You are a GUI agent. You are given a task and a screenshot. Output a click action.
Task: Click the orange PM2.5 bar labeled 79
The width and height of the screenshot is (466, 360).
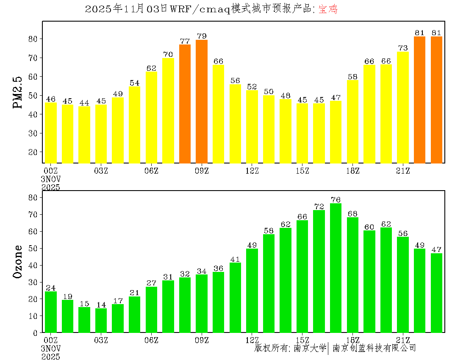(x=202, y=102)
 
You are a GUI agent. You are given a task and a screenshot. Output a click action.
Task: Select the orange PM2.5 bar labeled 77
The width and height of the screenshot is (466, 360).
(x=185, y=104)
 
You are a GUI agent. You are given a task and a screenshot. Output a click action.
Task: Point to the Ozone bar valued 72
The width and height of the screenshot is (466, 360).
(x=319, y=271)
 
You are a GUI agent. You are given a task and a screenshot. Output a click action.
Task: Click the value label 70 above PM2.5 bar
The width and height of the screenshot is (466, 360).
(x=168, y=54)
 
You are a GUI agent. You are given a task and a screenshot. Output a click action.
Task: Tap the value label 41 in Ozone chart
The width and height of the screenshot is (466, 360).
(x=235, y=259)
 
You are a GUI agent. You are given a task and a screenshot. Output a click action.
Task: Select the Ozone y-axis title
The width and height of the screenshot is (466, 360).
(x=18, y=261)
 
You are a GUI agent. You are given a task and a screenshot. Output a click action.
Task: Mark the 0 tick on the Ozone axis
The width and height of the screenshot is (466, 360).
(x=36, y=333)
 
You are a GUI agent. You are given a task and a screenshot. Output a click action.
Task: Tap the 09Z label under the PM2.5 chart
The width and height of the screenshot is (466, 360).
(x=202, y=171)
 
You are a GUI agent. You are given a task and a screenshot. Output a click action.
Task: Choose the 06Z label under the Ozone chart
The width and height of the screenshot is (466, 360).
(x=151, y=340)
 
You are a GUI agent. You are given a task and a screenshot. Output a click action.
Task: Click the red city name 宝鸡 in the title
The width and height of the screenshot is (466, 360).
(x=328, y=9)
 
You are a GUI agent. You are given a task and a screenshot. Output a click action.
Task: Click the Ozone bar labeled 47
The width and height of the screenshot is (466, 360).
(x=436, y=293)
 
